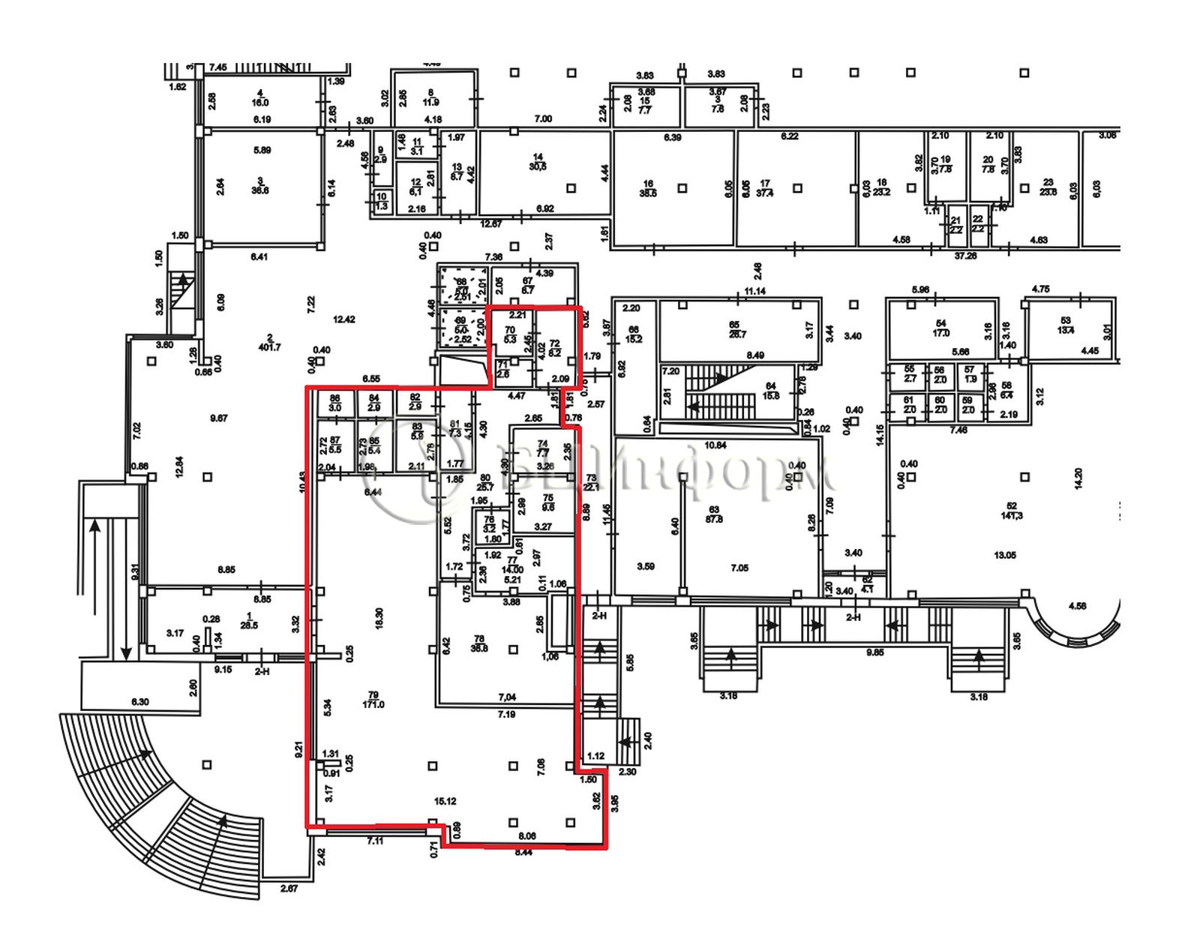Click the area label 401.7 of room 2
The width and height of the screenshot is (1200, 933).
click(x=269, y=347)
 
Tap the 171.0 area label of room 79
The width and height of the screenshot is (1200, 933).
click(x=373, y=704)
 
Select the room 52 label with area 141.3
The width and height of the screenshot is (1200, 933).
click(x=1011, y=511)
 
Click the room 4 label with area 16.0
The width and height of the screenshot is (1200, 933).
click(x=260, y=98)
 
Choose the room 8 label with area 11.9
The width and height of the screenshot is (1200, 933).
click(x=430, y=97)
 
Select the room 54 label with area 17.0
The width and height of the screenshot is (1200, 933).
click(x=941, y=328)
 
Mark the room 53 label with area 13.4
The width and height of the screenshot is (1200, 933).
click(x=1066, y=325)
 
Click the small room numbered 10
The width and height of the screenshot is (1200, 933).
click(x=382, y=201)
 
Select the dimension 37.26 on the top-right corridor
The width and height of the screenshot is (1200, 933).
click(x=964, y=256)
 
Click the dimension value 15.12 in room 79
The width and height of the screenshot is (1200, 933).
click(x=445, y=801)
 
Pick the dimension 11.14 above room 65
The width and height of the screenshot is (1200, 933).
click(x=754, y=291)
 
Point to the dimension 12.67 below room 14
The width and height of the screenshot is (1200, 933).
click(x=491, y=223)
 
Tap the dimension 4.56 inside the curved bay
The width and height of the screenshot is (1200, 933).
click(x=1077, y=606)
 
